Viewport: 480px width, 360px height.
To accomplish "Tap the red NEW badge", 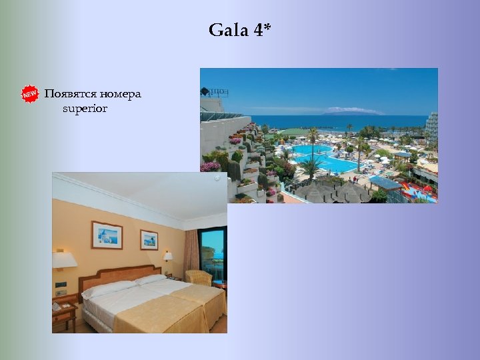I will [x=29, y=94].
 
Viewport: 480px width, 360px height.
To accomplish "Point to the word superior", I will [x=85, y=108].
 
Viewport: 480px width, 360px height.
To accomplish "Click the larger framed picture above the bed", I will [x=107, y=235].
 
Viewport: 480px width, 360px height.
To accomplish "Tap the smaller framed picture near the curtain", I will [x=149, y=239].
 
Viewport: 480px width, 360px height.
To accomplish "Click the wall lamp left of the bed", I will [x=64, y=260].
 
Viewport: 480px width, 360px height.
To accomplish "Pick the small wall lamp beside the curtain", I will [x=168, y=256].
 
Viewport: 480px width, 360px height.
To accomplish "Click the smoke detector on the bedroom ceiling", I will [x=217, y=179].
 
